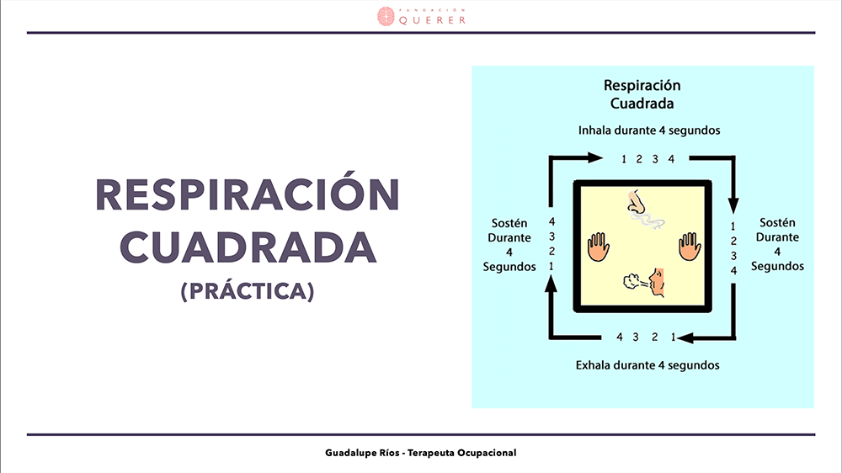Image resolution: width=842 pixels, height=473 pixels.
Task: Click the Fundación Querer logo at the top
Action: coord(422,17)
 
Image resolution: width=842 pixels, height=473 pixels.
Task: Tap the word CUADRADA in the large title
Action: coord(248,247)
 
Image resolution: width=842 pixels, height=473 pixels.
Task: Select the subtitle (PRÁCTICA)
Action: coord(248,291)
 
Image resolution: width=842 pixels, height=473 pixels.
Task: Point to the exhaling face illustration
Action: coord(644,282)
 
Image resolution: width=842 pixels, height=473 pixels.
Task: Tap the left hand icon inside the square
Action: coord(598,247)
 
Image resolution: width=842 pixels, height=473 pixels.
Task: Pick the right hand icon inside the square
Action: coord(690,247)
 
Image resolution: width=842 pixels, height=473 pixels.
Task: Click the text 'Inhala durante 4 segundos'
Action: coord(648,130)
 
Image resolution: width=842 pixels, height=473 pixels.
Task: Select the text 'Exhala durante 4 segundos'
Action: coord(647,365)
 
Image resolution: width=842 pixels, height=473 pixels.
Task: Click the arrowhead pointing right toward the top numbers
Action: coord(595,157)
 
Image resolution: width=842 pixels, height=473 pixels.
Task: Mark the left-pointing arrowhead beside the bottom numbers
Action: coord(685,337)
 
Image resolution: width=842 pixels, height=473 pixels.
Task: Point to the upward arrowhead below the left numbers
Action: coord(551,284)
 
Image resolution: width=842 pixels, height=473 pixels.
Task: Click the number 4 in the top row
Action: coord(671,159)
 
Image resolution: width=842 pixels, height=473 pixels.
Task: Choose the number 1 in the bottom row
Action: coord(673,337)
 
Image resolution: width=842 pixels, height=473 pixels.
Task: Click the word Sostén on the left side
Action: coord(509,223)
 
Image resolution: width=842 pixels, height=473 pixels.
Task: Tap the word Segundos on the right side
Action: coord(777,266)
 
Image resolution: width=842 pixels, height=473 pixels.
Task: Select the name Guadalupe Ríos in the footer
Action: coord(362,453)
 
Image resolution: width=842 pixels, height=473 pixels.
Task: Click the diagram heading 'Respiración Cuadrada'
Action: coord(642,94)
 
